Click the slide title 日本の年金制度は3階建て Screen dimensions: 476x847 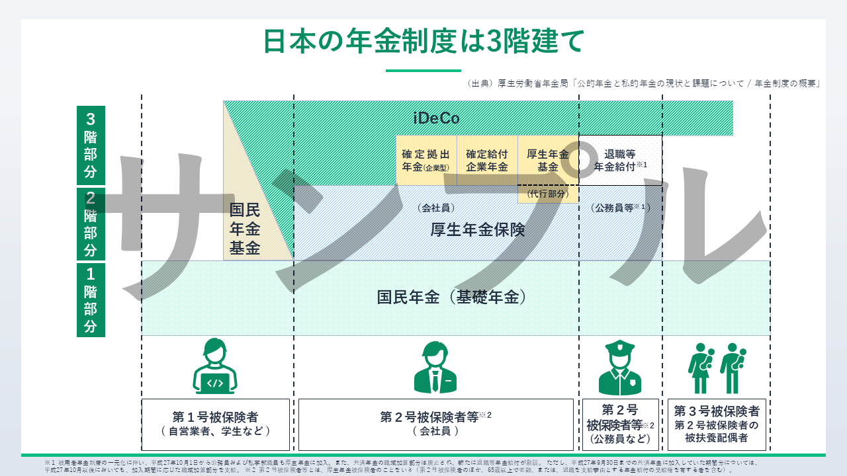coord(423,42)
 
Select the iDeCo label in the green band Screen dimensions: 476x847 coord(436,118)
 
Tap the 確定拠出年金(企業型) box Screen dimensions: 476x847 coord(426,161)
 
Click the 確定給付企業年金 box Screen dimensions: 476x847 coord(487,161)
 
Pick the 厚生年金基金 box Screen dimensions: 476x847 coord(548,161)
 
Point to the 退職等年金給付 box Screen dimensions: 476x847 coord(620,161)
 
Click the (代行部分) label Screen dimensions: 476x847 coord(548,194)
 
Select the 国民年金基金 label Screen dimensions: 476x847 coord(245,229)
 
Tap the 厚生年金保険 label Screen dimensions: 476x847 coord(477,229)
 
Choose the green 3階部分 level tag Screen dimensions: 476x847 coord(91,145)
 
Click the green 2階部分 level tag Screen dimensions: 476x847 coord(91,224)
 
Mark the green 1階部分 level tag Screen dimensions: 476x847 coord(91,299)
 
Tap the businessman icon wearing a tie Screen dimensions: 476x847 coord(435,368)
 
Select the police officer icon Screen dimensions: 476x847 coord(620,368)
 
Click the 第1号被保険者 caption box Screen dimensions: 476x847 coord(216,424)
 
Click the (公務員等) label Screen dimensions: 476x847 coord(620,207)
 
